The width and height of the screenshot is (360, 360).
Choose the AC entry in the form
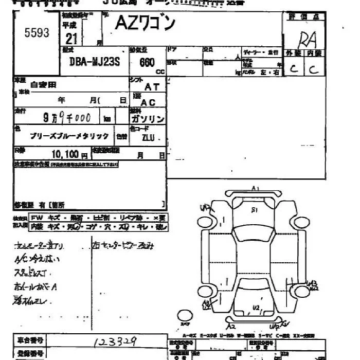coord(148,103)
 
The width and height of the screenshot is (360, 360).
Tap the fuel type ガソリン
coord(148,119)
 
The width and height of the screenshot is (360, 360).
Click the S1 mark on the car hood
coord(254,210)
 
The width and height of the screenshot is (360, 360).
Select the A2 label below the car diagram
coord(232,326)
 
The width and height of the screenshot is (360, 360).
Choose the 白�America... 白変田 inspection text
coord(43,84)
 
